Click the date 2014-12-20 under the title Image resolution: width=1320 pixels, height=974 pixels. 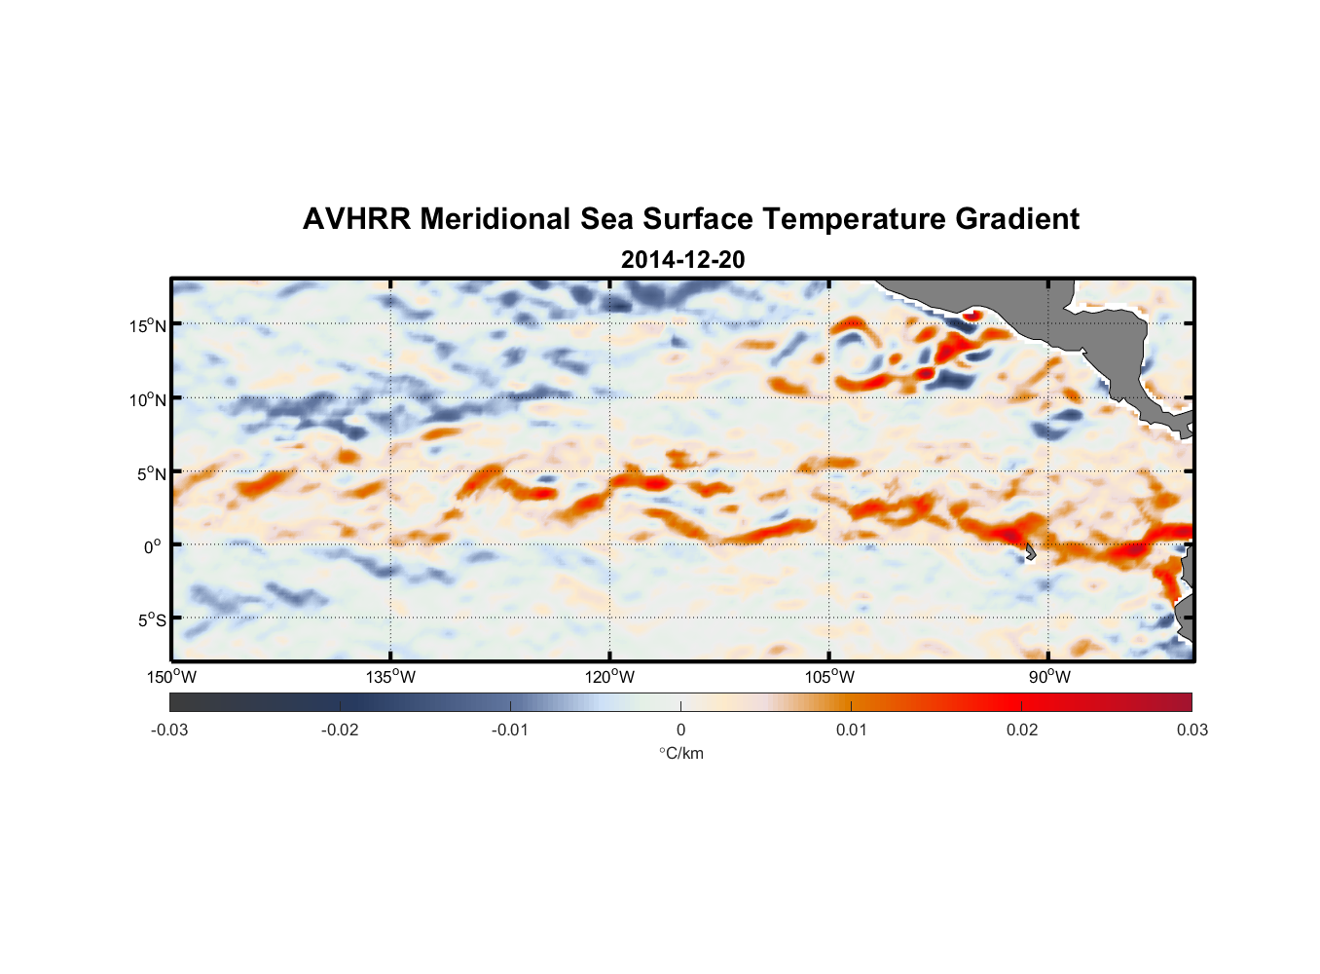[682, 260]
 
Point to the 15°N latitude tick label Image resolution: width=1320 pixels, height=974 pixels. [148, 325]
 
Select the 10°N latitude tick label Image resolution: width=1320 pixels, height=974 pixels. [148, 399]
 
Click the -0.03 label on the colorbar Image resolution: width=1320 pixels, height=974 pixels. [169, 730]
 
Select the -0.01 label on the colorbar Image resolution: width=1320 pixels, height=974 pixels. [510, 730]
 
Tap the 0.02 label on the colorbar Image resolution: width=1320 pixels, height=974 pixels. [1022, 730]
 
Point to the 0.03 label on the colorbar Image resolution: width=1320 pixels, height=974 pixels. [1192, 730]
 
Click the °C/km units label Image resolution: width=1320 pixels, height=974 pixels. [680, 754]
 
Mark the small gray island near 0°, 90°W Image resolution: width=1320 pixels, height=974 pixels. [1030, 552]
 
